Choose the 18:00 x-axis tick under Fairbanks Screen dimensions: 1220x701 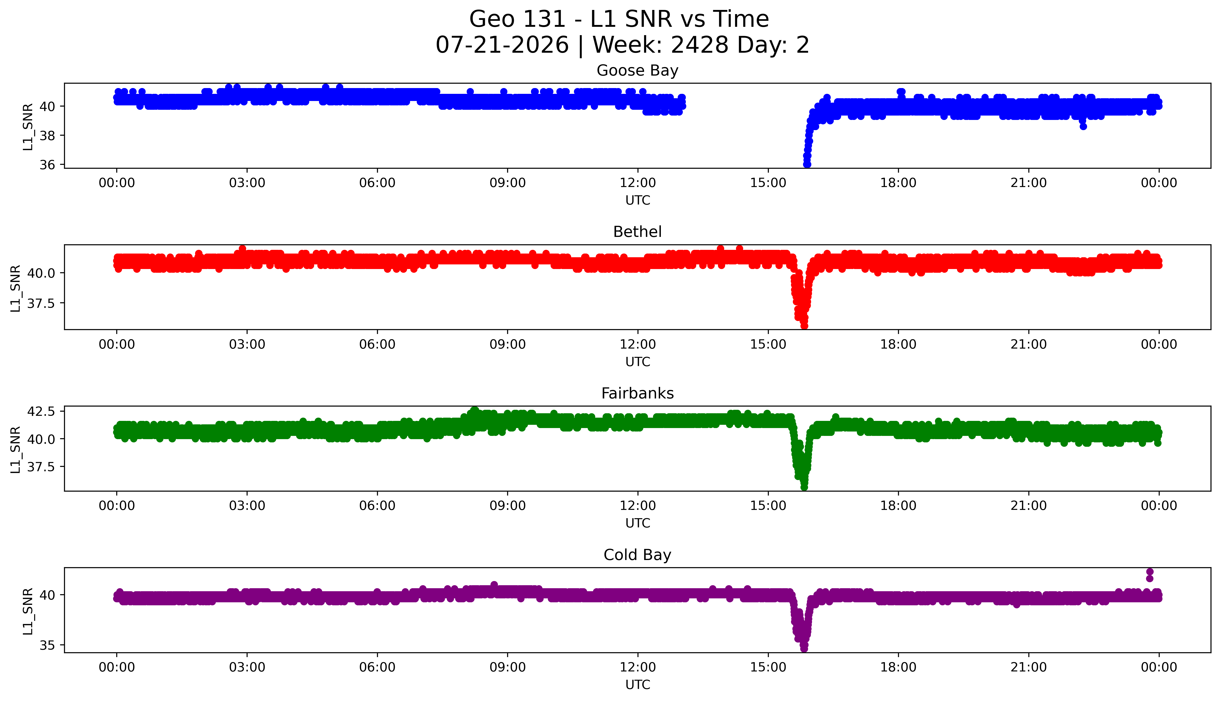tap(898, 505)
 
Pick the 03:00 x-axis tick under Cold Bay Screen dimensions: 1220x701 tap(247, 667)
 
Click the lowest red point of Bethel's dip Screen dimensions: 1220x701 tap(804, 326)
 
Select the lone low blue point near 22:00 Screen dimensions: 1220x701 tap(1083, 127)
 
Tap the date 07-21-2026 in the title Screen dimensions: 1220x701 tap(502, 45)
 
